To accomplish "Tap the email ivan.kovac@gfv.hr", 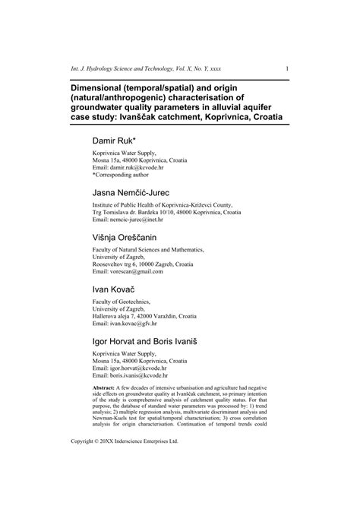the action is click(145, 322).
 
